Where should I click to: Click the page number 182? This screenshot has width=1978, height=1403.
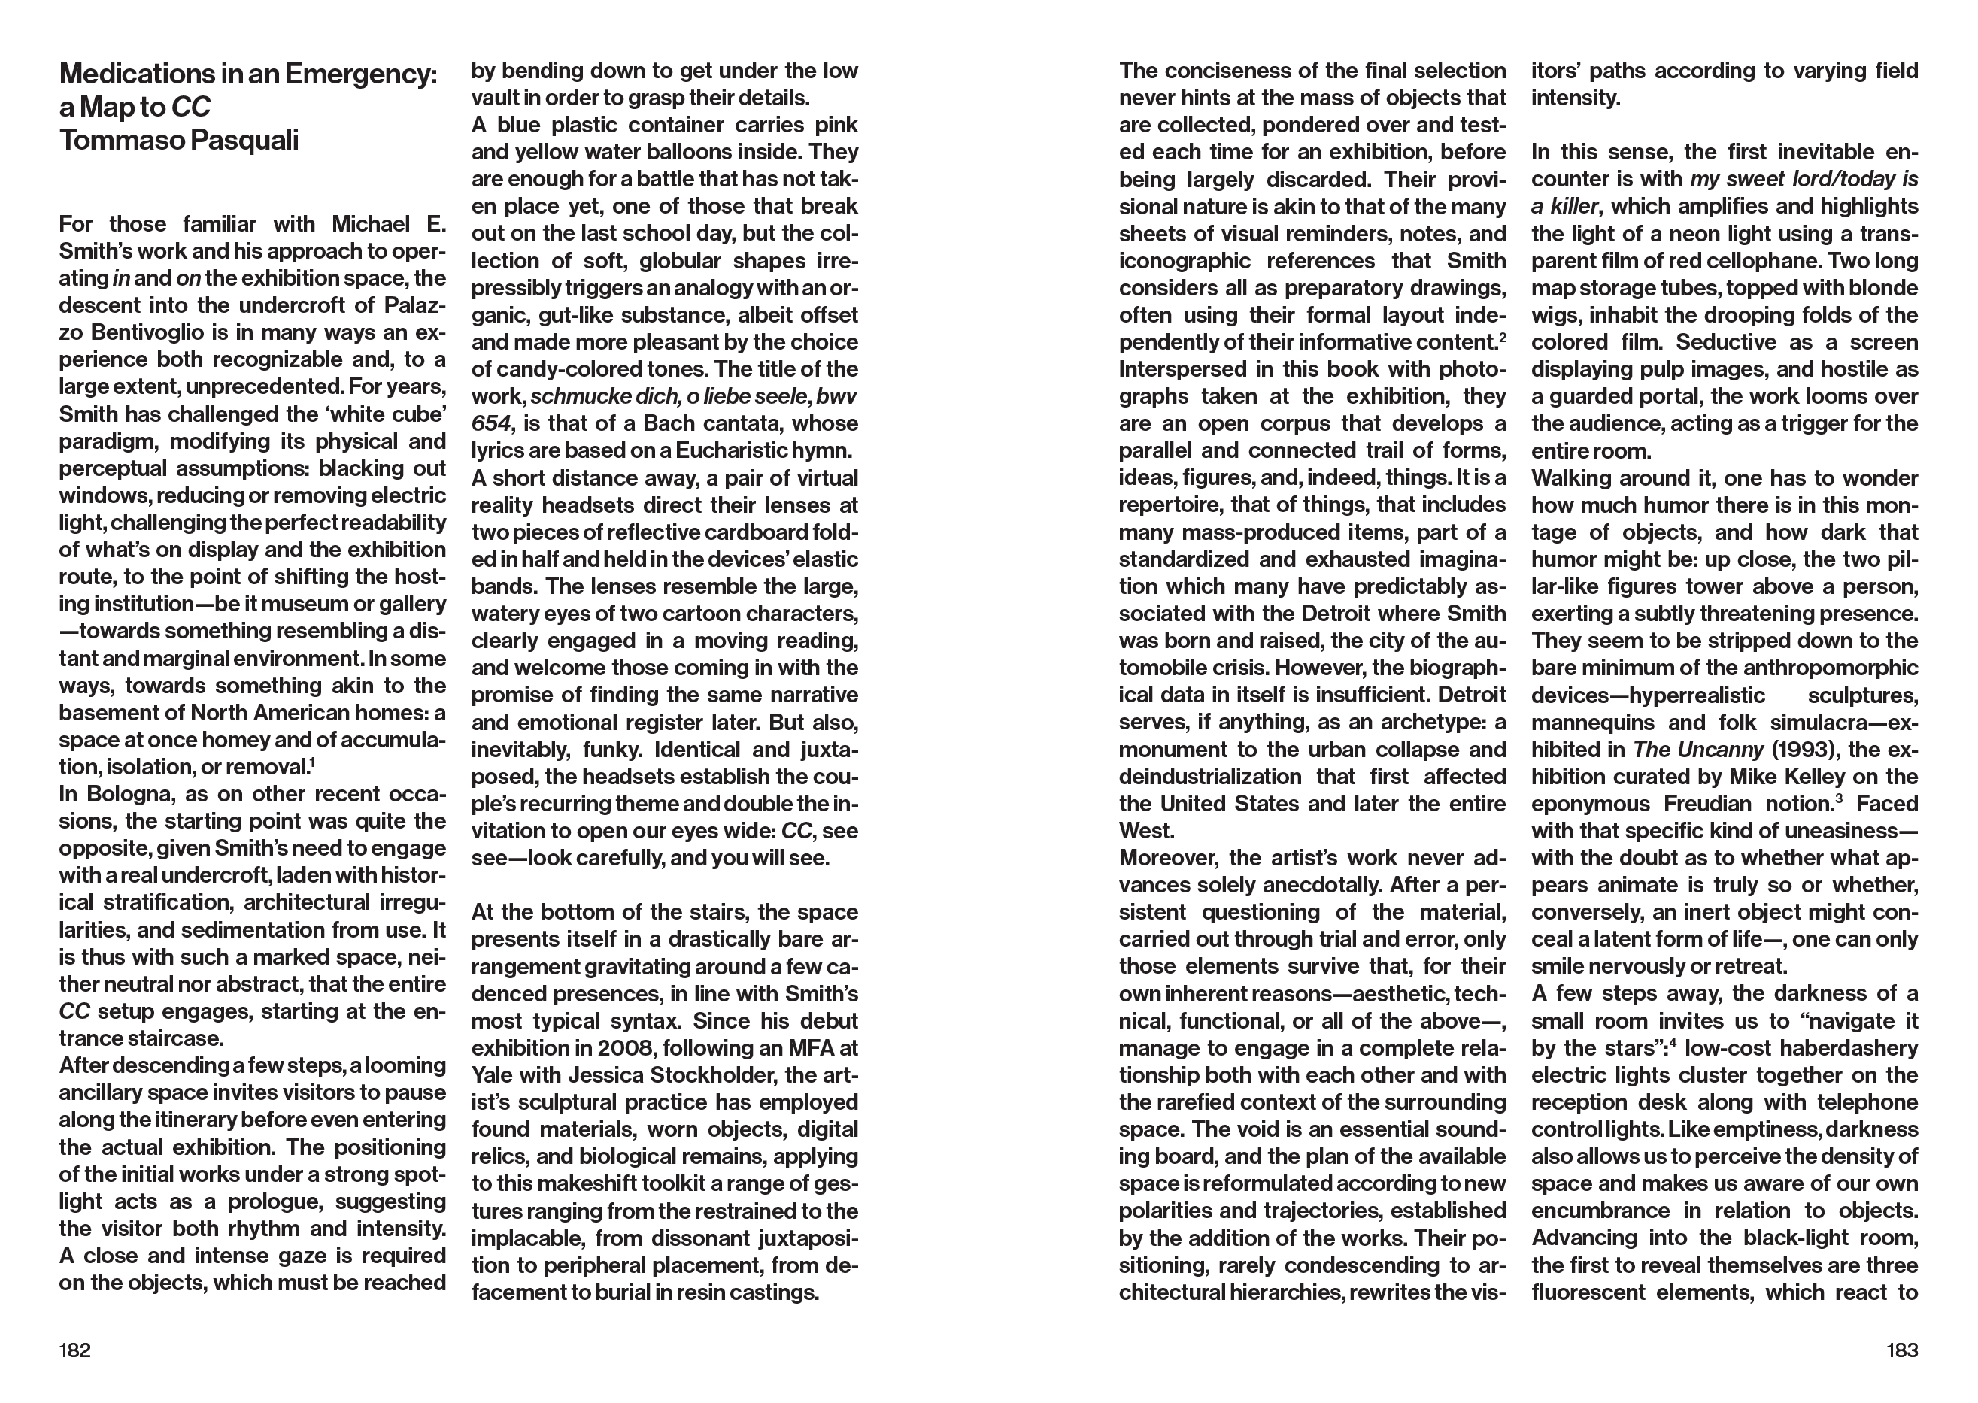coord(74,1350)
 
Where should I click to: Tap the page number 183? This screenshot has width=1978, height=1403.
coord(1902,1350)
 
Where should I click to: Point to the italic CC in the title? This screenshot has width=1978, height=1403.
coord(191,107)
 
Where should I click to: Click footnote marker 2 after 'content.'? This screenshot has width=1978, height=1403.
coord(1503,337)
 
